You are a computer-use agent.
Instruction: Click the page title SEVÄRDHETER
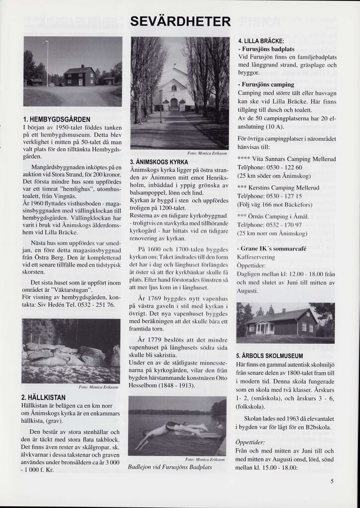(180, 22)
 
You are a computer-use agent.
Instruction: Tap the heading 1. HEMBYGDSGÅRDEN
(57, 120)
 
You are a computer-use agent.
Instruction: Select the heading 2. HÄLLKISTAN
(44, 397)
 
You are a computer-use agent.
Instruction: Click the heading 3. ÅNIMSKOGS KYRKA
(159, 162)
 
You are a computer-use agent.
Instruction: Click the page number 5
(332, 481)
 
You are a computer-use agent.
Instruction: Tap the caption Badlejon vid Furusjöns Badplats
(176, 467)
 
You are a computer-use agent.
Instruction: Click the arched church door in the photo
(174, 104)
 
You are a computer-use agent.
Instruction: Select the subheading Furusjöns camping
(267, 85)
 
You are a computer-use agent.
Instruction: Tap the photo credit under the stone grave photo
(99, 387)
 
